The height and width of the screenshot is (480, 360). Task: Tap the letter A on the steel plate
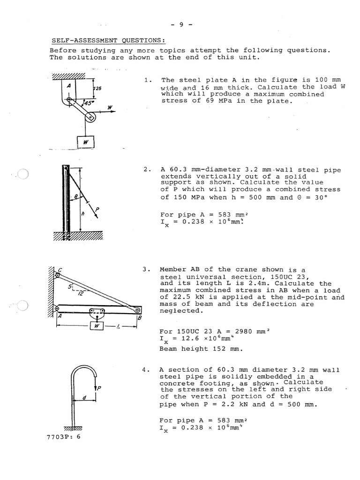(68, 86)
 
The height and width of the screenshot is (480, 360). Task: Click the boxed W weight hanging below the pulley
(86, 141)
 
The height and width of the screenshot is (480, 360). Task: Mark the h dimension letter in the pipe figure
(82, 214)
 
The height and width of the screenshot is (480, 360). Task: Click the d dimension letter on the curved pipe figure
(84, 398)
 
